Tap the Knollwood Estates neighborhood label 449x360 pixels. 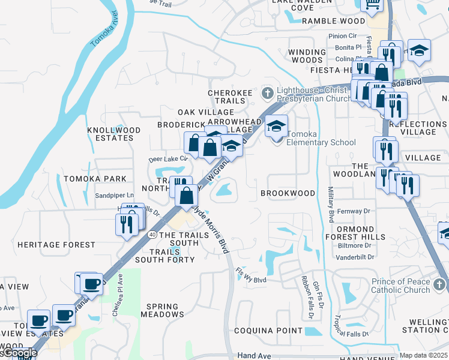(114, 134)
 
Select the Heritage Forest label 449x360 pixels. (56, 245)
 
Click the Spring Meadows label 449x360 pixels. (163, 310)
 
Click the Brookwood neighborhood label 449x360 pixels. (288, 193)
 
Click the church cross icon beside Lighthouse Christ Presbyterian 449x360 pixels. (268, 93)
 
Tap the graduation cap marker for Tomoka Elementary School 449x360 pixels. (276, 127)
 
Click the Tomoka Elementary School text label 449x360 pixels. (321, 138)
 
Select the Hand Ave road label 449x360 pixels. (254, 356)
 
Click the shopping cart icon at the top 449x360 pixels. (372, 5)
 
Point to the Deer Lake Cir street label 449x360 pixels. (169, 160)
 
